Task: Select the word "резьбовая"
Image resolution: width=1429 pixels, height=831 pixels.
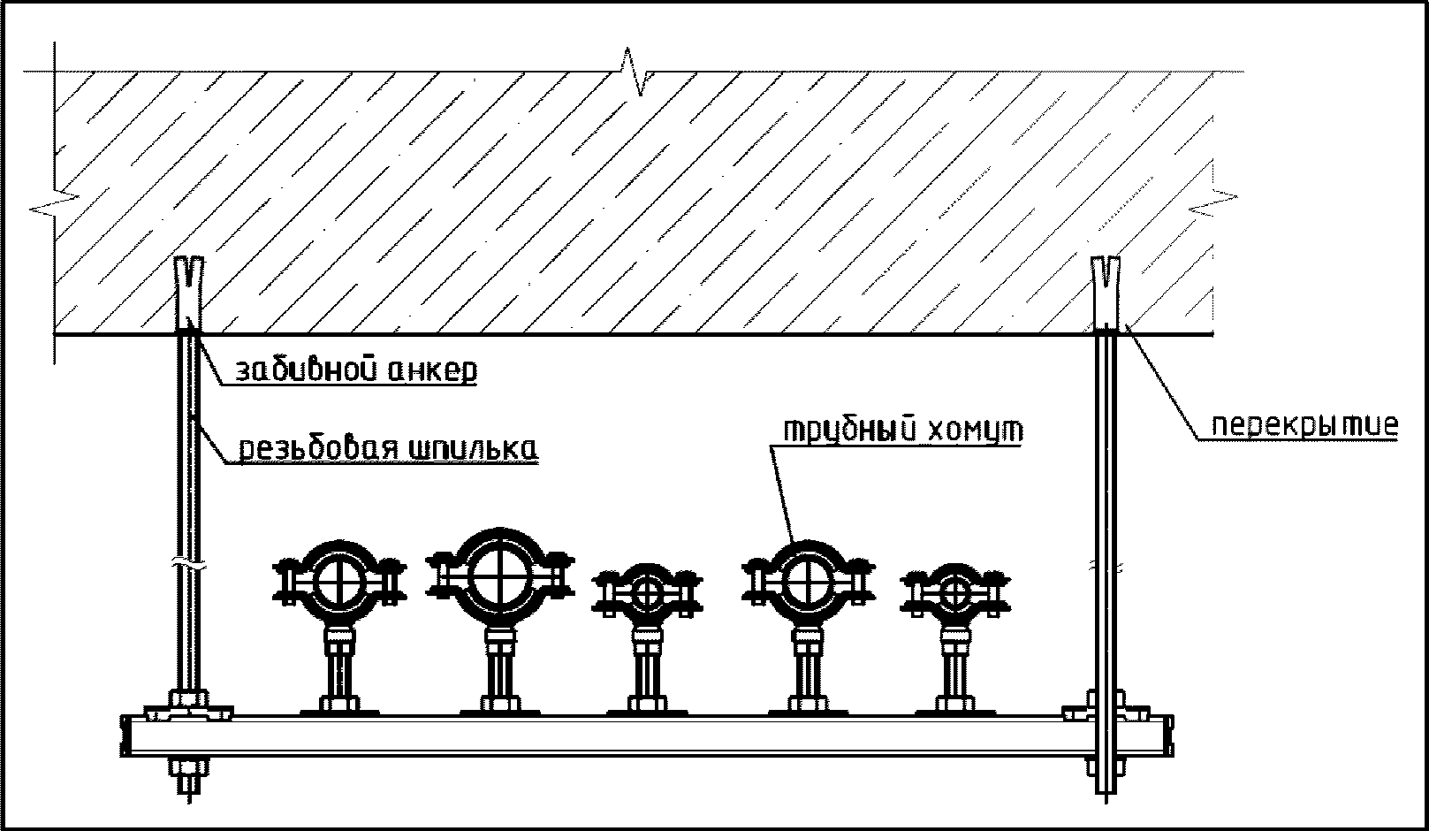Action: point(310,448)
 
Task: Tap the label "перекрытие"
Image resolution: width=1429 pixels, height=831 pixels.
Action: point(1304,426)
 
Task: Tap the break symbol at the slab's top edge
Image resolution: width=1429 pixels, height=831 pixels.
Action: point(635,72)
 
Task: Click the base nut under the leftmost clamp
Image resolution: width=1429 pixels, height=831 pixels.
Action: point(339,704)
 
